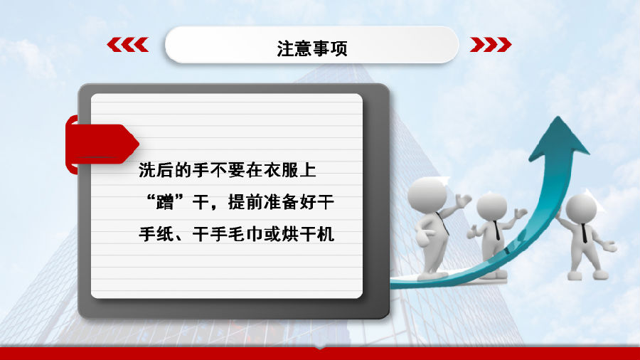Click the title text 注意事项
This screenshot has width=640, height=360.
pos(312,48)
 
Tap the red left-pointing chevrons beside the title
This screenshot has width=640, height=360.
pos(128,45)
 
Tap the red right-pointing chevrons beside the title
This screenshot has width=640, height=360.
pos(491,45)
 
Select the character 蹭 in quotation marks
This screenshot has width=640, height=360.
pos(165,202)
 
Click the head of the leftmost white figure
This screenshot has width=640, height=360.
pos(427,195)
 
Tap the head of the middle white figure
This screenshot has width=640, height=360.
pos(492,206)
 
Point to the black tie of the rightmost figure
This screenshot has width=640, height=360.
pos(584,233)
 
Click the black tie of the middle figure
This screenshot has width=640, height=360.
pos(497,231)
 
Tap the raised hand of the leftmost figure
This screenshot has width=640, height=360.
pos(463,201)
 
